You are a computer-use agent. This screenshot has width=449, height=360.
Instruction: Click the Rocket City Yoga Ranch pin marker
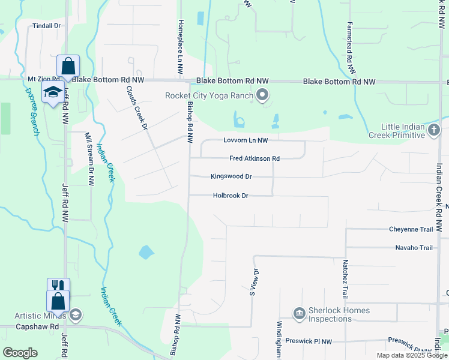(x=262, y=95)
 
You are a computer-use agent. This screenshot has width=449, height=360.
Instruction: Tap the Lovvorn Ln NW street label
(x=245, y=140)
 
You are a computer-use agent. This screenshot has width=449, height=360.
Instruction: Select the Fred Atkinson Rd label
(x=255, y=158)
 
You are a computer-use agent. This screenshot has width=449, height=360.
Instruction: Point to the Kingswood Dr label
(x=231, y=176)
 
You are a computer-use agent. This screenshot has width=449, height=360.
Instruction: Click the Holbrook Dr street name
(x=231, y=196)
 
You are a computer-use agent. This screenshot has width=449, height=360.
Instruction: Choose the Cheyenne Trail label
(x=411, y=229)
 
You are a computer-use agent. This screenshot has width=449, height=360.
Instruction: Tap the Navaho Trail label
(x=414, y=248)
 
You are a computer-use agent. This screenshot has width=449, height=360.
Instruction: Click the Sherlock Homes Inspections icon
(x=299, y=313)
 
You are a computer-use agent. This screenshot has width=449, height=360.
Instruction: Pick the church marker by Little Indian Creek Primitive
(x=435, y=129)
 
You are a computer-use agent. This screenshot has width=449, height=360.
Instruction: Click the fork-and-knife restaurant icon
(x=58, y=286)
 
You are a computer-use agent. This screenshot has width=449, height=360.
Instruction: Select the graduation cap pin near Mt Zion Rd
(x=53, y=92)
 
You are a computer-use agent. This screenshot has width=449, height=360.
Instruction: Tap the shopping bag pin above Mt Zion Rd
(x=68, y=65)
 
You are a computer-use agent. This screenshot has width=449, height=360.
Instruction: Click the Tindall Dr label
(x=47, y=26)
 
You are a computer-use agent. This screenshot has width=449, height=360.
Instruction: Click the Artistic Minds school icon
(x=76, y=314)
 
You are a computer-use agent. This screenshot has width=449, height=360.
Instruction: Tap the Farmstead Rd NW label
(x=349, y=47)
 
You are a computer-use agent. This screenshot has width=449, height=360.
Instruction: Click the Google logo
(x=20, y=353)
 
